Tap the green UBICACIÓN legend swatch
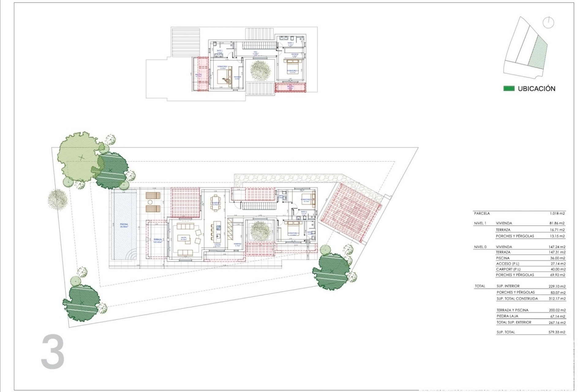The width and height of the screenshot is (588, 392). coord(509,89)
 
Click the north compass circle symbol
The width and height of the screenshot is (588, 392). coord(548,23)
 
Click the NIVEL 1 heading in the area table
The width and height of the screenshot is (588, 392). coord(480,223)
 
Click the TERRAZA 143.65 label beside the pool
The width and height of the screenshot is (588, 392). coord(157,240)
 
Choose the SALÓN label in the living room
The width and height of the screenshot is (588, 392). coord(183,238)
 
